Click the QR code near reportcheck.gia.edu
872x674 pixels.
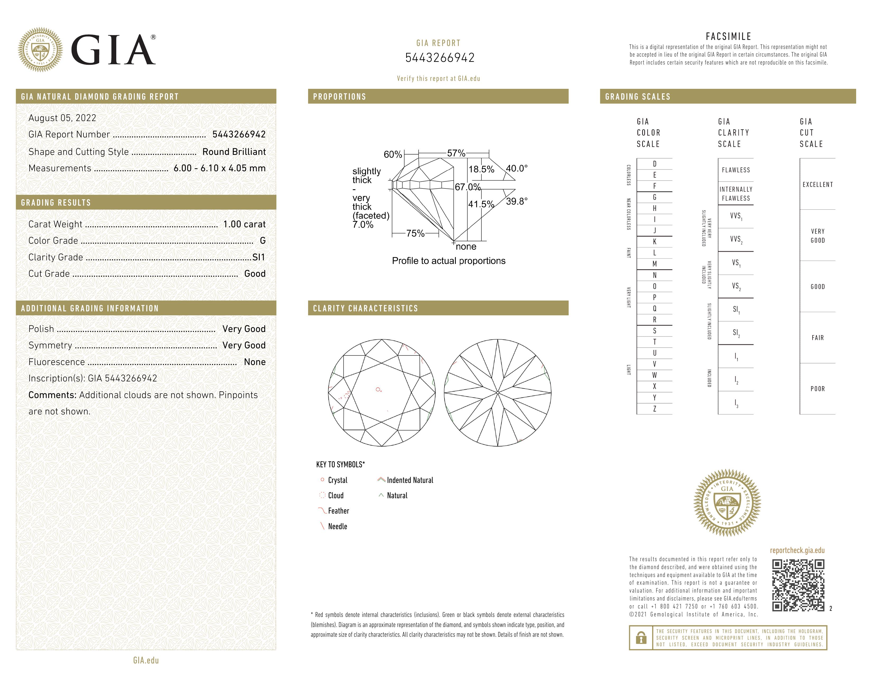click(798, 585)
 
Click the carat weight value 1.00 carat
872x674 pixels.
click(244, 224)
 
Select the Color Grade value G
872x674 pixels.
click(262, 240)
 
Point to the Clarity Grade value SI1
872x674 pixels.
click(258, 257)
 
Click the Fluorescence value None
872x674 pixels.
click(254, 362)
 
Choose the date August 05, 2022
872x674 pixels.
click(62, 118)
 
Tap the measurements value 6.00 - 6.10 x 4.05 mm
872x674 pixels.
click(219, 168)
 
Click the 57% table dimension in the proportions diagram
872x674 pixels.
click(456, 153)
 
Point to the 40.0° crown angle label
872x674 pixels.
click(516, 168)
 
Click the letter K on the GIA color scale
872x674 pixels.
click(655, 242)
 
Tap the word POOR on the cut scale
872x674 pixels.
click(817, 389)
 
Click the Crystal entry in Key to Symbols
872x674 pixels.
click(337, 480)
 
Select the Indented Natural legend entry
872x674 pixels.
click(410, 480)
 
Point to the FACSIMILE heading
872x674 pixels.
click(728, 36)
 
